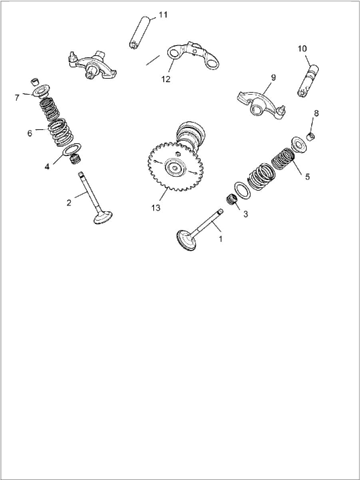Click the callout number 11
pos(163,15)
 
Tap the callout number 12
pos(165,79)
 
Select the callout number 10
pos(302,49)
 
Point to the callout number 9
pos(272,77)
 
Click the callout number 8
pos(316,113)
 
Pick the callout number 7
pos(17,97)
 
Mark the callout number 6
pos(29,133)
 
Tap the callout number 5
pos(307,177)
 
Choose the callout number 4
pos(47,167)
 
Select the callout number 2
pos(69,203)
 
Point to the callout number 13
pos(155,208)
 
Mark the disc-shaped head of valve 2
pos(103,218)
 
